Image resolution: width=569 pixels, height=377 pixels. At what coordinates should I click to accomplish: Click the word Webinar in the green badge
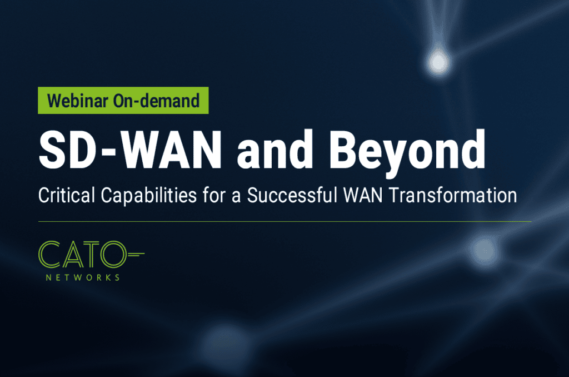click(78, 101)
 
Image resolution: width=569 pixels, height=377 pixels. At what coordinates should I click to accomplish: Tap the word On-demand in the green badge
click(156, 101)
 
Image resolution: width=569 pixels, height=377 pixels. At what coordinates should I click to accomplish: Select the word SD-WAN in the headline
click(130, 150)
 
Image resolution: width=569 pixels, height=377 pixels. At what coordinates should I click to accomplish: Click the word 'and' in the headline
click(274, 150)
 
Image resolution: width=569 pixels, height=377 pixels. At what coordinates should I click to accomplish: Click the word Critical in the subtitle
click(67, 195)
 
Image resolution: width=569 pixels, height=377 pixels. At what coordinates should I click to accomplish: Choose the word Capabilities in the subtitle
click(149, 196)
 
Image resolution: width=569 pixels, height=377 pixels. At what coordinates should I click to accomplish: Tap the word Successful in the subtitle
click(292, 195)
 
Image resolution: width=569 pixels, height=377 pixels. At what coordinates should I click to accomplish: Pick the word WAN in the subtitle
click(363, 195)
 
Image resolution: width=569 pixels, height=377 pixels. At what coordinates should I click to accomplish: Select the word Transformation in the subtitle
click(453, 195)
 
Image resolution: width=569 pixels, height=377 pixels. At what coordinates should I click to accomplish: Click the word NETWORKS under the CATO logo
click(83, 277)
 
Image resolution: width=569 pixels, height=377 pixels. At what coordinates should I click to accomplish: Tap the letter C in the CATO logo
click(39, 254)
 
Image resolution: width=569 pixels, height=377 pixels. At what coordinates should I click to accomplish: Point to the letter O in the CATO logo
click(113, 254)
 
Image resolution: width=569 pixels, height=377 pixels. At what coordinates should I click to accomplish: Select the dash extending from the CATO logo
click(136, 253)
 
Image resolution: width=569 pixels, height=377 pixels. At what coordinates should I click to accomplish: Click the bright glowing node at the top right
click(438, 62)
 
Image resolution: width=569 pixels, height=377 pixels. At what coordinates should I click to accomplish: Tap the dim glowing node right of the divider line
click(484, 251)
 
